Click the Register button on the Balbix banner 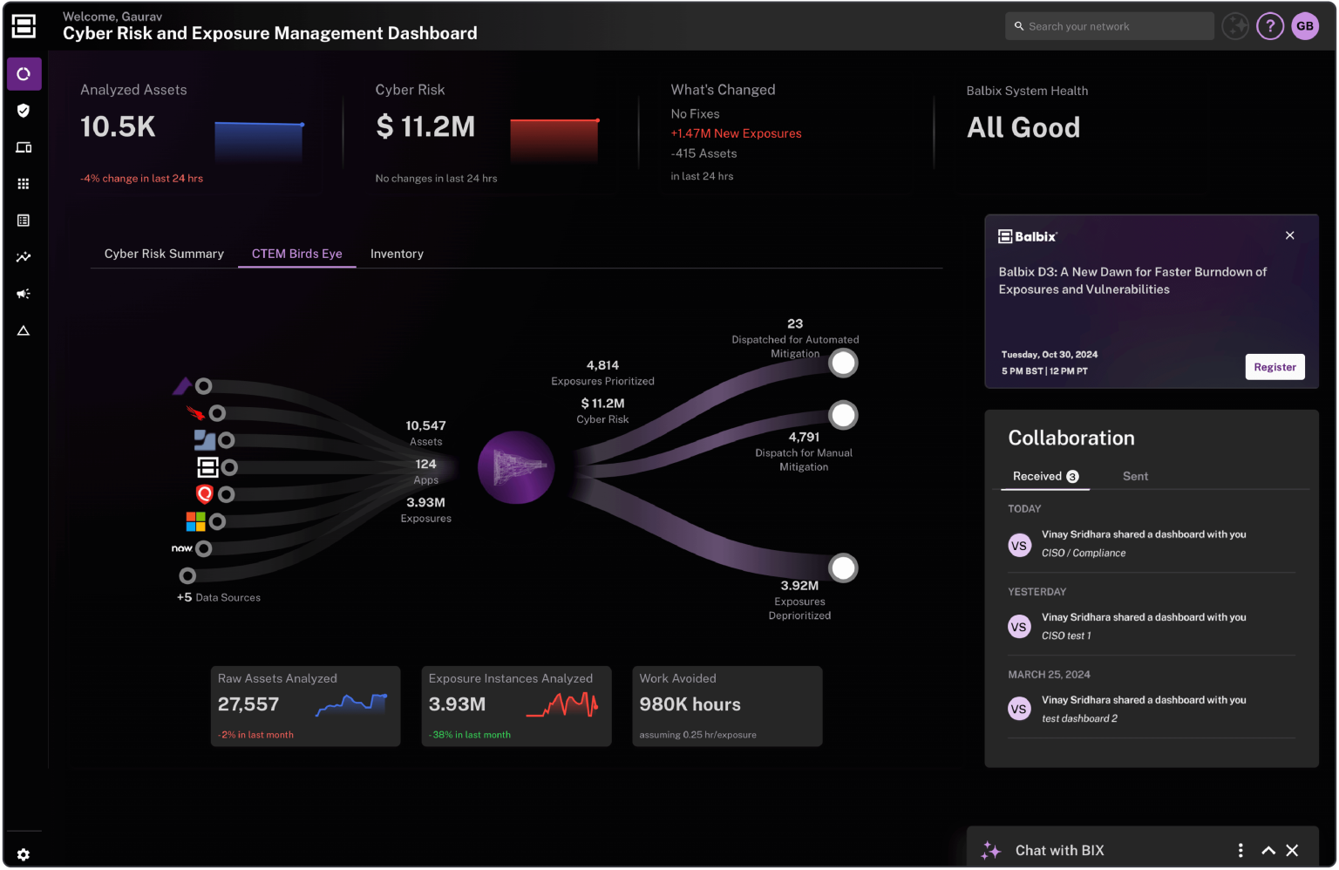1274,367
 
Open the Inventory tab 397,254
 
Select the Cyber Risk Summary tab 164,254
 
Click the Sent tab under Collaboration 1135,476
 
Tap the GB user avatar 1305,26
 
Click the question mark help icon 1270,26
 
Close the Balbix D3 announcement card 1290,235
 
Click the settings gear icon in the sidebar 24,854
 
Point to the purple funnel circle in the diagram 516,467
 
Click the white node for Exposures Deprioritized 843,568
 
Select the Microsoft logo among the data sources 195,521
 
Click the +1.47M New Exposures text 736,133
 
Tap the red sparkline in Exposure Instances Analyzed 563,704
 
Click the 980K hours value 690,704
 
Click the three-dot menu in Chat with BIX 1240,850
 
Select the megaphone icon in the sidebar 24,294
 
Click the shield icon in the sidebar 24,111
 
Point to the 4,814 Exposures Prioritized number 602,365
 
